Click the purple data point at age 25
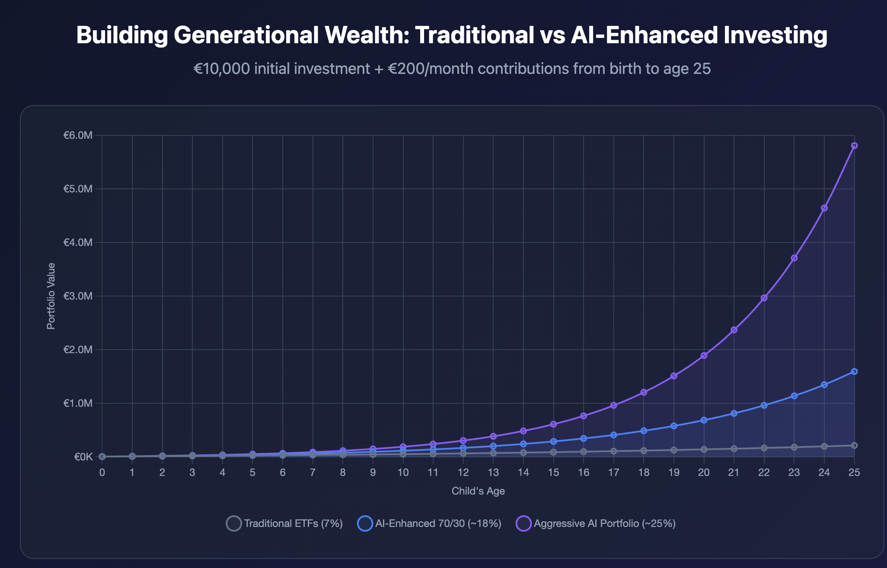pos(854,146)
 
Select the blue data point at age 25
pos(854,371)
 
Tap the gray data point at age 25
pos(854,445)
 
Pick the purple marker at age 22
pos(764,298)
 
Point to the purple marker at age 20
pos(704,355)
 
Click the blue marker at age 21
pos(734,413)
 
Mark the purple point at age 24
pos(824,208)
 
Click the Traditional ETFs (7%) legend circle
pos(234,523)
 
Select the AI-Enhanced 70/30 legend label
pos(438,523)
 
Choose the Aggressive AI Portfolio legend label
pos(604,523)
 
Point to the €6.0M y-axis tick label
pos(78,135)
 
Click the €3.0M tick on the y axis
pos(78,296)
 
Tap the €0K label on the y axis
pos(83,457)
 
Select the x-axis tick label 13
pos(493,472)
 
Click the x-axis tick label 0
pos(102,472)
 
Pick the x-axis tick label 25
pos(854,472)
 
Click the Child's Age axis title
pos(478,491)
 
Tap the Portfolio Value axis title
pos(51,296)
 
